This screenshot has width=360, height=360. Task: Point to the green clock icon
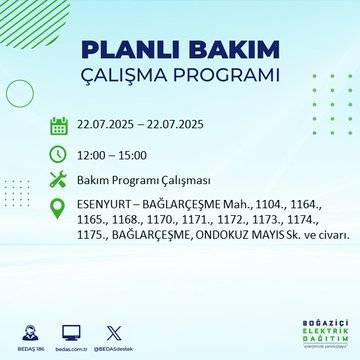click(x=59, y=155)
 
